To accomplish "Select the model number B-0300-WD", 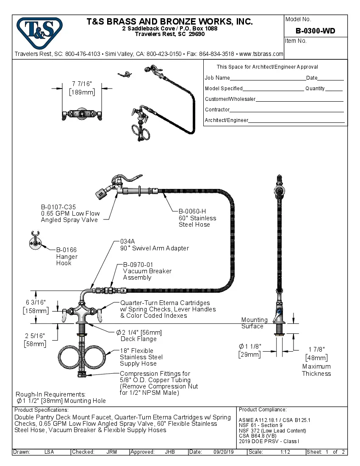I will click(x=316, y=31).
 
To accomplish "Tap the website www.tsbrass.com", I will click(x=261, y=54).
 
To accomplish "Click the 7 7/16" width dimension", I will click(x=82, y=84).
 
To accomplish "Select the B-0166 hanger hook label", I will click(x=66, y=250).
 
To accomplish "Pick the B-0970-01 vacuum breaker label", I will click(x=138, y=264).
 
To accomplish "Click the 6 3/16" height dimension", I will click(x=35, y=302).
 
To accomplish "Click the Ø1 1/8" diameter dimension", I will click(x=250, y=346).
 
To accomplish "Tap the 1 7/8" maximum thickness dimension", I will click(x=316, y=349).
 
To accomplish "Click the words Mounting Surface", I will click(x=254, y=323).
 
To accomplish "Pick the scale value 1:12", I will click(x=285, y=452).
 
